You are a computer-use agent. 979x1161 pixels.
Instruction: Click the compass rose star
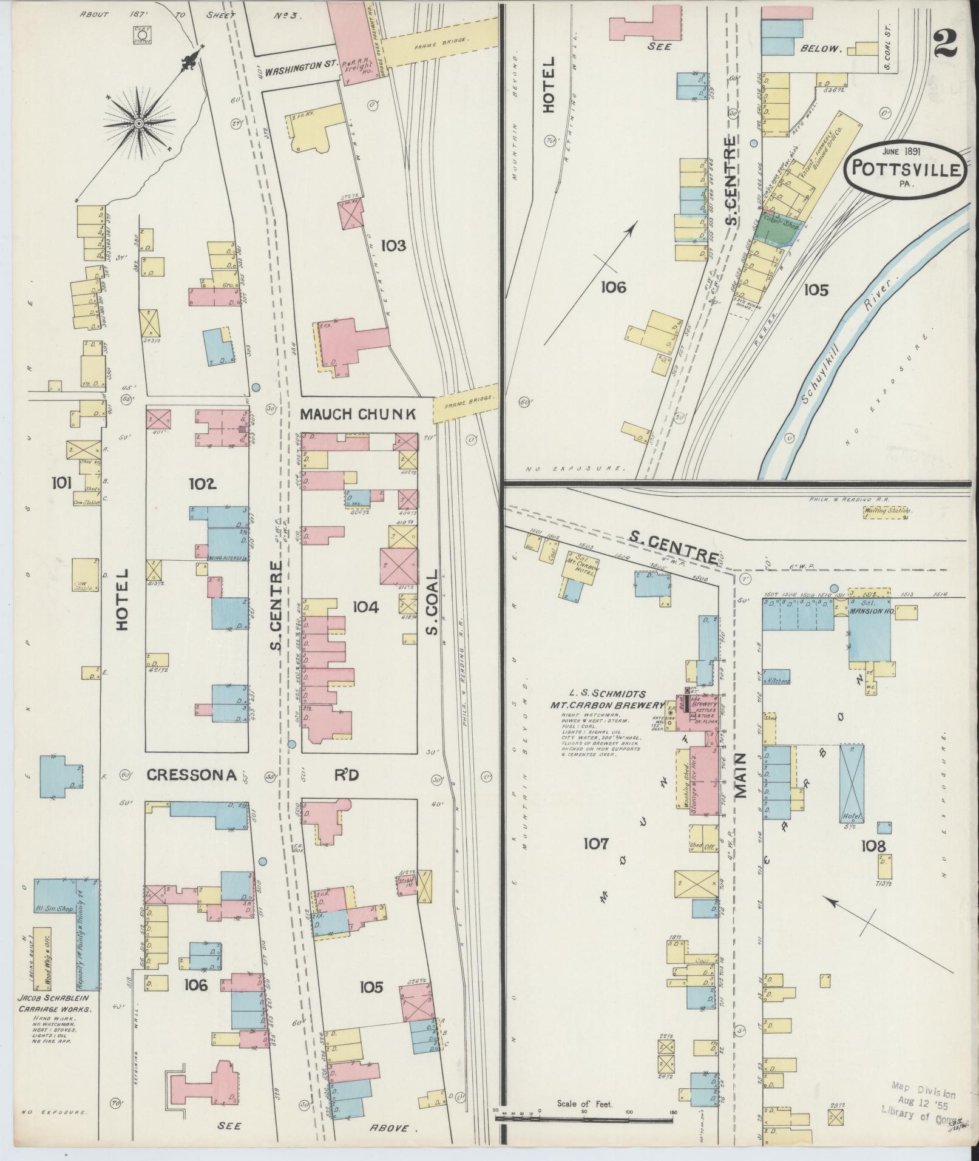coord(138,123)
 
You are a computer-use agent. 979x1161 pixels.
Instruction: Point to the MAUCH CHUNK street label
coord(357,415)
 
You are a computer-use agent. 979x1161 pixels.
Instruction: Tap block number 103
coord(393,246)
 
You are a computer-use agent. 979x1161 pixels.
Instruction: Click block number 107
coord(595,843)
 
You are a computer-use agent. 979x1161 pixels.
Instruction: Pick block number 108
coord(873,846)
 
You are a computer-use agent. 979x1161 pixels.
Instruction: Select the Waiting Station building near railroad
coord(888,511)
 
